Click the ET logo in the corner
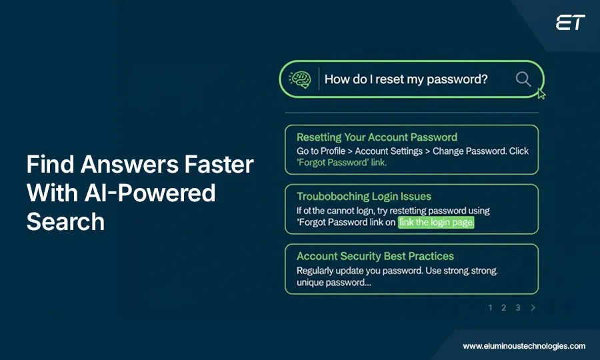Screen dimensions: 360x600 pos(570,23)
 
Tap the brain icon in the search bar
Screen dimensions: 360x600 pos(300,79)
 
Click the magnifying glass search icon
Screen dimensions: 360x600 pos(523,79)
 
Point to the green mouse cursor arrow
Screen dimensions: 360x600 pos(541,94)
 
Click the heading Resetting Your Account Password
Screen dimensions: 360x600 pos(377,137)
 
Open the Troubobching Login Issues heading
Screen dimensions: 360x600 pos(364,197)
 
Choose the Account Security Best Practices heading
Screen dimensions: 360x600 pos(375,256)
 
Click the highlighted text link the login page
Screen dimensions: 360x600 pos(436,223)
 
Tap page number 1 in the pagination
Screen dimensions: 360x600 pos(491,308)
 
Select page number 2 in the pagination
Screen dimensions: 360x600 pos(504,308)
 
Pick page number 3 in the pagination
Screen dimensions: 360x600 pos(518,308)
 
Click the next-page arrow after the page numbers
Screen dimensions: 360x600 pos(533,308)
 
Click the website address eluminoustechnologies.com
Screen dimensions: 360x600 pos(524,346)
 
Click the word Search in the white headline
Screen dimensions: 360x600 pos(65,222)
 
